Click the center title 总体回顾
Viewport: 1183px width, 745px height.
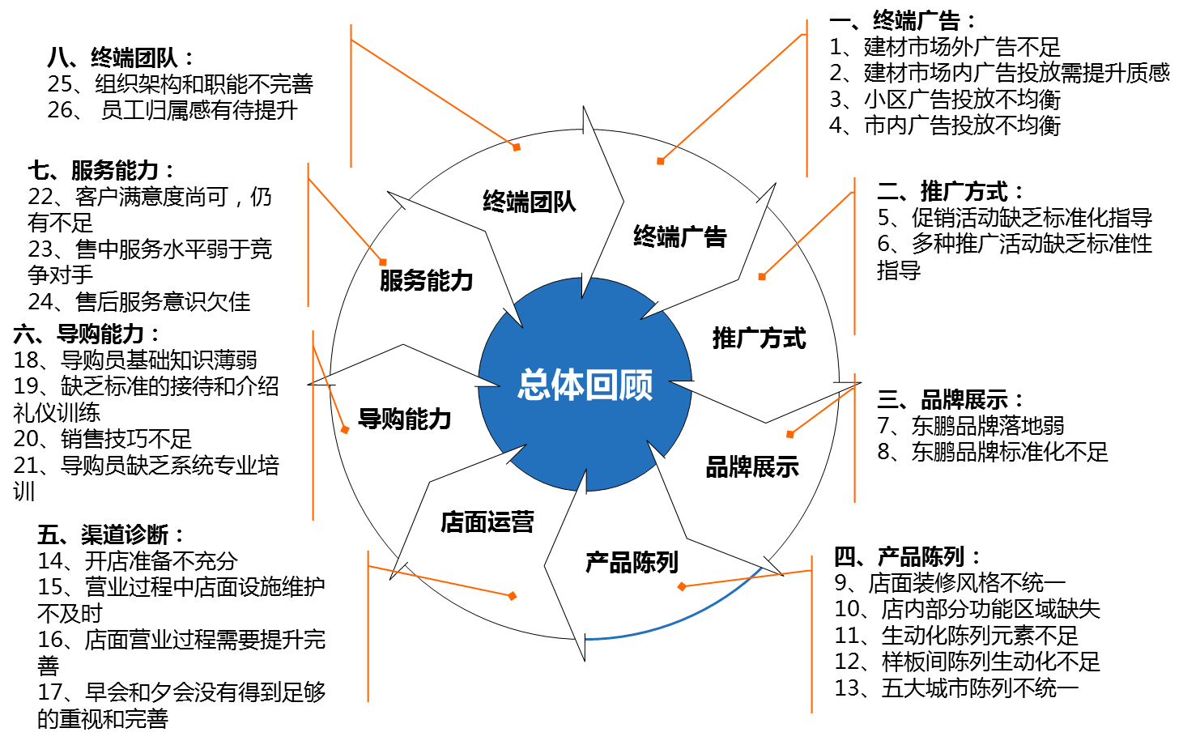click(585, 385)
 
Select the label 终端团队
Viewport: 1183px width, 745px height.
click(529, 202)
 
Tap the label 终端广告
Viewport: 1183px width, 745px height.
click(679, 236)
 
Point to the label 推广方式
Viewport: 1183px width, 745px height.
click(759, 338)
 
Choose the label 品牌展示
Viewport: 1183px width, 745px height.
click(752, 467)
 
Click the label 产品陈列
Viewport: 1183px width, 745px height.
click(632, 562)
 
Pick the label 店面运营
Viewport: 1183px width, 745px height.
click(487, 522)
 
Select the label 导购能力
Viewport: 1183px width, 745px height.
click(404, 419)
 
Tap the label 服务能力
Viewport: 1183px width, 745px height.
click(426, 281)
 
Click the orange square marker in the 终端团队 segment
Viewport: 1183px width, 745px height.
click(517, 147)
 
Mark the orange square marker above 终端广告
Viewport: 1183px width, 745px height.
click(661, 161)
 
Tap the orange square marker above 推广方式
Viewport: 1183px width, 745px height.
click(762, 277)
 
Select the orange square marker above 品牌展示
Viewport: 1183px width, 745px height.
click(790, 435)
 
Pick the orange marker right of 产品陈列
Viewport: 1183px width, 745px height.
click(682, 586)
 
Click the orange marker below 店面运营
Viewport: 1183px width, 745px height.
click(513, 596)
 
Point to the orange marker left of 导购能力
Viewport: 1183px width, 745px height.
click(345, 429)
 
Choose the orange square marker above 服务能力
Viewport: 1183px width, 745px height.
click(383, 262)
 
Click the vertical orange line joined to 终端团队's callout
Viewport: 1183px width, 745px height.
click(351, 105)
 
